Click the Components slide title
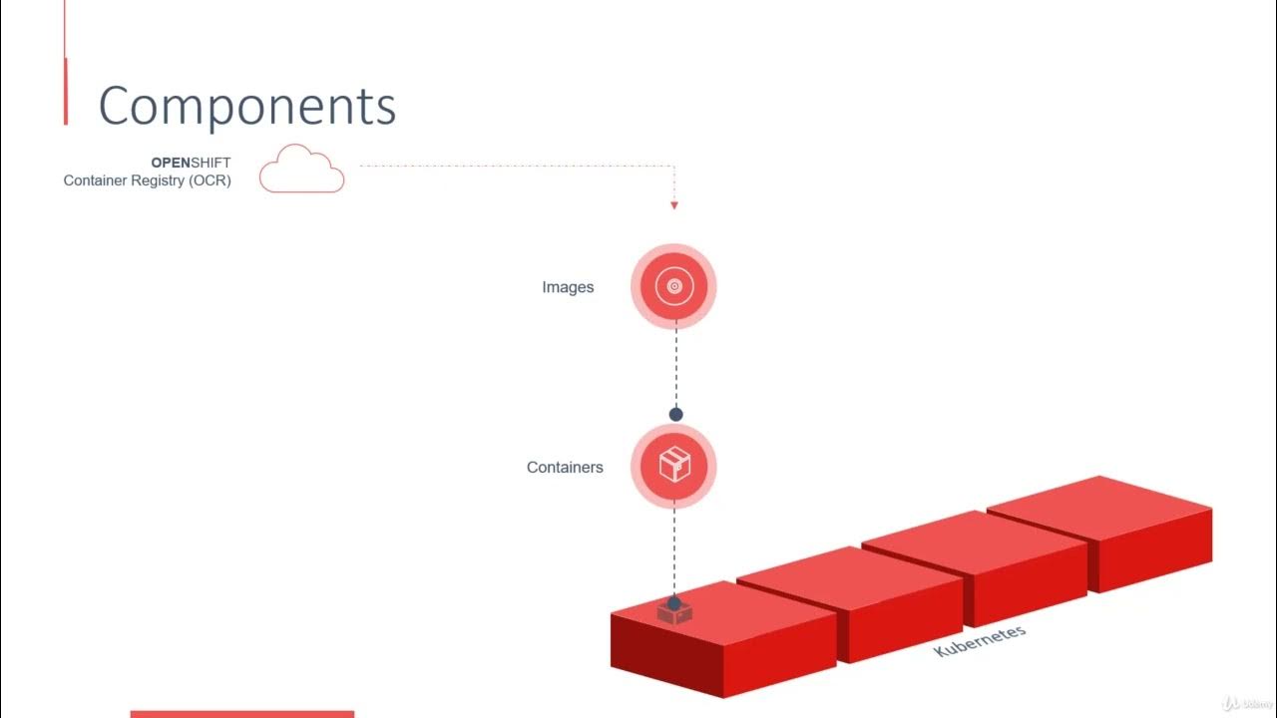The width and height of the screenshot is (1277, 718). pos(246,106)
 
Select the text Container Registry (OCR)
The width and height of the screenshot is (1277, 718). pos(147,180)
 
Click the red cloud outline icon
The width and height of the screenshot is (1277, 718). pos(301,170)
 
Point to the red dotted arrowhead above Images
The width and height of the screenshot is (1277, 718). pos(674,205)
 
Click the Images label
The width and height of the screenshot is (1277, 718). pos(568,287)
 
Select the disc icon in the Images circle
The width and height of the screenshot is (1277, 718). pos(673,287)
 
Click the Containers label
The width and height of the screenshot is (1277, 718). pos(565,467)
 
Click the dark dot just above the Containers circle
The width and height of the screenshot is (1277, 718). pos(675,414)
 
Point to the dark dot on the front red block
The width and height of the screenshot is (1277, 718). pos(674,603)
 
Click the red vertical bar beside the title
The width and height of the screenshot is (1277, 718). pos(66,91)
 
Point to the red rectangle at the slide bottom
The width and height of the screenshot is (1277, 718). pos(242,714)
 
